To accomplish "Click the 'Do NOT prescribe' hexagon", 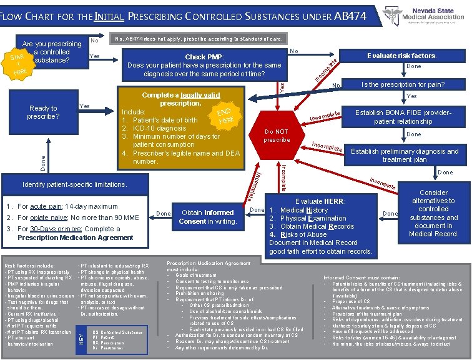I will tap(276, 136).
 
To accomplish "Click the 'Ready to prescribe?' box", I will tap(42, 112).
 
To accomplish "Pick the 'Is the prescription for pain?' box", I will tap(403, 84).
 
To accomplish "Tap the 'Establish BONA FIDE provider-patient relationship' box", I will tap(403, 117).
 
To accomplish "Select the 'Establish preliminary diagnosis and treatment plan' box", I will tap(405, 155).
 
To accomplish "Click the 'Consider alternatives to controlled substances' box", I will tap(433, 213).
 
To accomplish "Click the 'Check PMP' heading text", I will tap(205, 57).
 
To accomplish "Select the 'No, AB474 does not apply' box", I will tap(197, 39).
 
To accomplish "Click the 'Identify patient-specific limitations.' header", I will tap(74, 185).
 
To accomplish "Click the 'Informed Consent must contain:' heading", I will tap(361, 277).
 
